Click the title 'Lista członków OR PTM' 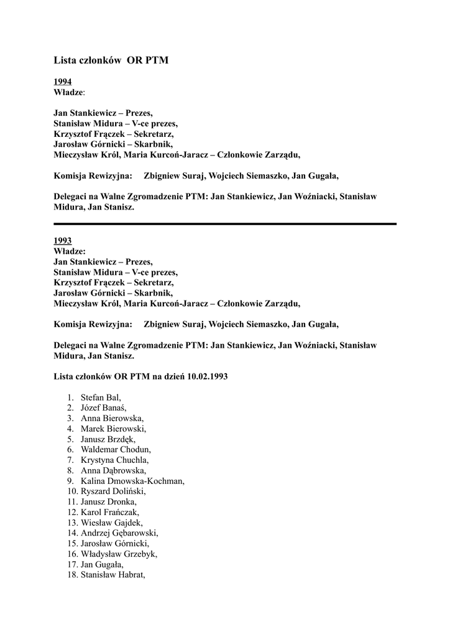click(x=111, y=60)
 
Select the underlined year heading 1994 click(x=62, y=81)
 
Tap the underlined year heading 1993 click(x=62, y=240)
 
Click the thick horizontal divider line click(x=224, y=223)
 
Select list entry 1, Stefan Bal click(x=101, y=397)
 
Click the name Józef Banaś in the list click(x=103, y=407)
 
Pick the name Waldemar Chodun click(x=116, y=449)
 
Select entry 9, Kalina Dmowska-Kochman click(x=132, y=481)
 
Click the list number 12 click(x=71, y=512)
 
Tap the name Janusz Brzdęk click(x=108, y=439)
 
